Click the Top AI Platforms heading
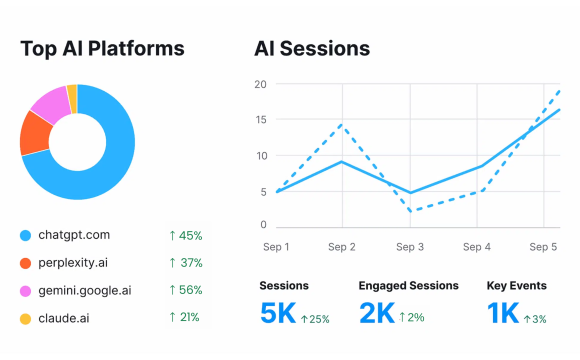pos(102,48)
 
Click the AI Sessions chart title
pos(312,48)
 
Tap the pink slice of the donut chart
pos(49,102)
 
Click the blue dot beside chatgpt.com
pos(26,236)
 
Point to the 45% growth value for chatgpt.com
pos(185,236)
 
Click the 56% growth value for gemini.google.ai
pos(185,290)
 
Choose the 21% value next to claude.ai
pos(185,317)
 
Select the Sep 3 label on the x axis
pos(411,246)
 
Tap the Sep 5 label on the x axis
pos(544,246)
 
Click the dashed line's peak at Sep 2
pos(342,125)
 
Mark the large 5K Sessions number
pos(277,314)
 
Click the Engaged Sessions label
pos(408,286)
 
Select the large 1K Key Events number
pos(503,314)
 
